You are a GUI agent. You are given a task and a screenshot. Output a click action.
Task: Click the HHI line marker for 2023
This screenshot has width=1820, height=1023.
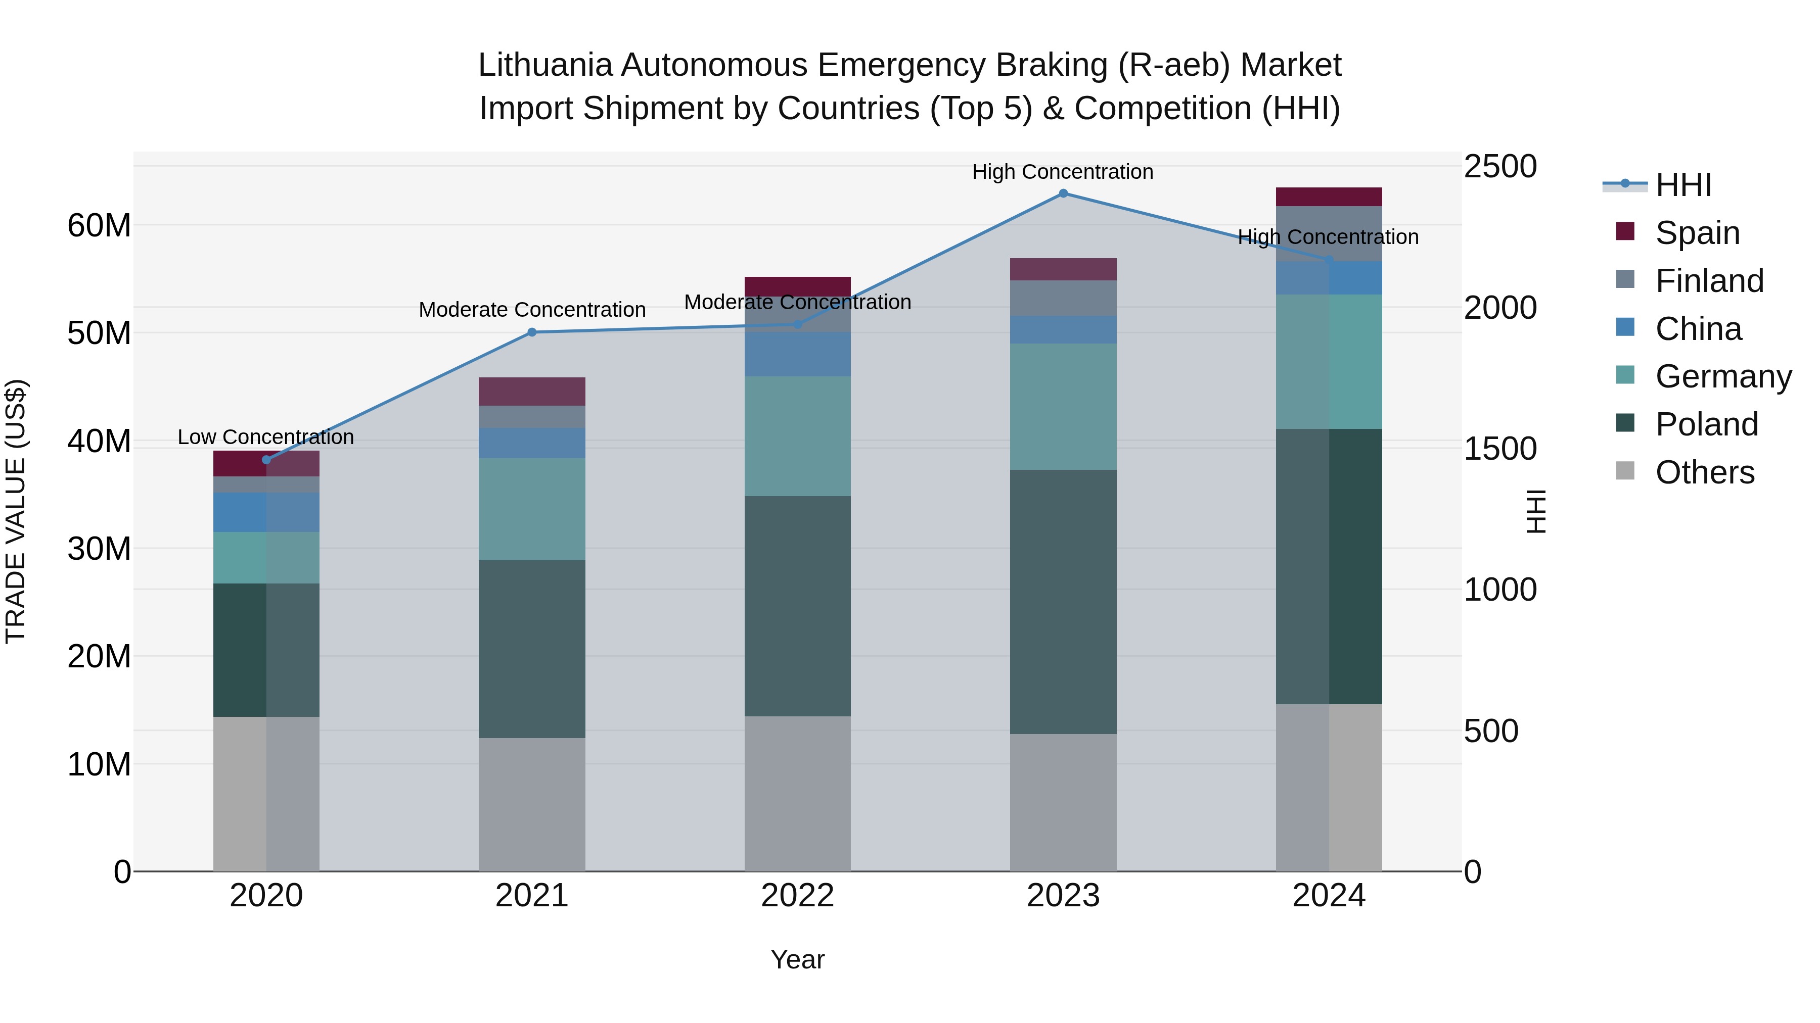pos(1063,193)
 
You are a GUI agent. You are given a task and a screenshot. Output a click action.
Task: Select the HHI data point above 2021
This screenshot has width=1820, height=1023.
pos(532,332)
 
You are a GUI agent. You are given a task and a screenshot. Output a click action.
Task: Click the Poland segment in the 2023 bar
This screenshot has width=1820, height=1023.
pos(1063,602)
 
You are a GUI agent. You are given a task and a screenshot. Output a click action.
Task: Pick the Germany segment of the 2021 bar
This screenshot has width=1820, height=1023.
pos(532,509)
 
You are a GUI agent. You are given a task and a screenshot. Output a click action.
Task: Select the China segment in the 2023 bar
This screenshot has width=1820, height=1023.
pos(1063,330)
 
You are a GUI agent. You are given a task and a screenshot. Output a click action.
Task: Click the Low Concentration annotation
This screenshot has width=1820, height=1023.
pos(265,437)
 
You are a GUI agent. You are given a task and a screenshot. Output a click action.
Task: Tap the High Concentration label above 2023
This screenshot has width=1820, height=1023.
pos(1063,172)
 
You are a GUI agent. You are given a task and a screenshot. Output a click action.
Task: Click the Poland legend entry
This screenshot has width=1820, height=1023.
pos(1706,424)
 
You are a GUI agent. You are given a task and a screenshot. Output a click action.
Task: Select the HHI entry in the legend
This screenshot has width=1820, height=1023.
pos(1683,185)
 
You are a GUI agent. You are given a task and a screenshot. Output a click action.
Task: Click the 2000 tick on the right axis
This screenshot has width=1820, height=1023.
pos(1499,308)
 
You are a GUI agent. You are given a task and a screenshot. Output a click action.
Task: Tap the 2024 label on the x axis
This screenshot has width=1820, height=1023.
pos(1328,896)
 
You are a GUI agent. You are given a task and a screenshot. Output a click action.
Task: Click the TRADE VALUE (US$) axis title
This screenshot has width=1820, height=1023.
pos(16,511)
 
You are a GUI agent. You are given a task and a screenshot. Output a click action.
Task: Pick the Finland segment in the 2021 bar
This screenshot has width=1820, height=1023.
pos(532,417)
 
